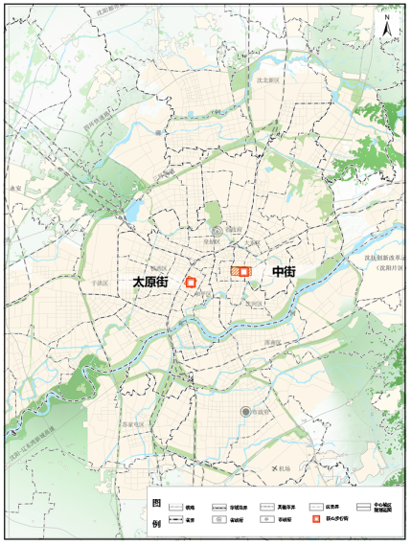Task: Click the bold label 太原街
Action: point(150,283)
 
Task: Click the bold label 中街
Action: point(284,272)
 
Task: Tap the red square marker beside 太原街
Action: point(191,283)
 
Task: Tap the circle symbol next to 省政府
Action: point(217,232)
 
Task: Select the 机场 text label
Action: point(282,468)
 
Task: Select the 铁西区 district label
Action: point(159,268)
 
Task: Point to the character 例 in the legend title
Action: point(156,524)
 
